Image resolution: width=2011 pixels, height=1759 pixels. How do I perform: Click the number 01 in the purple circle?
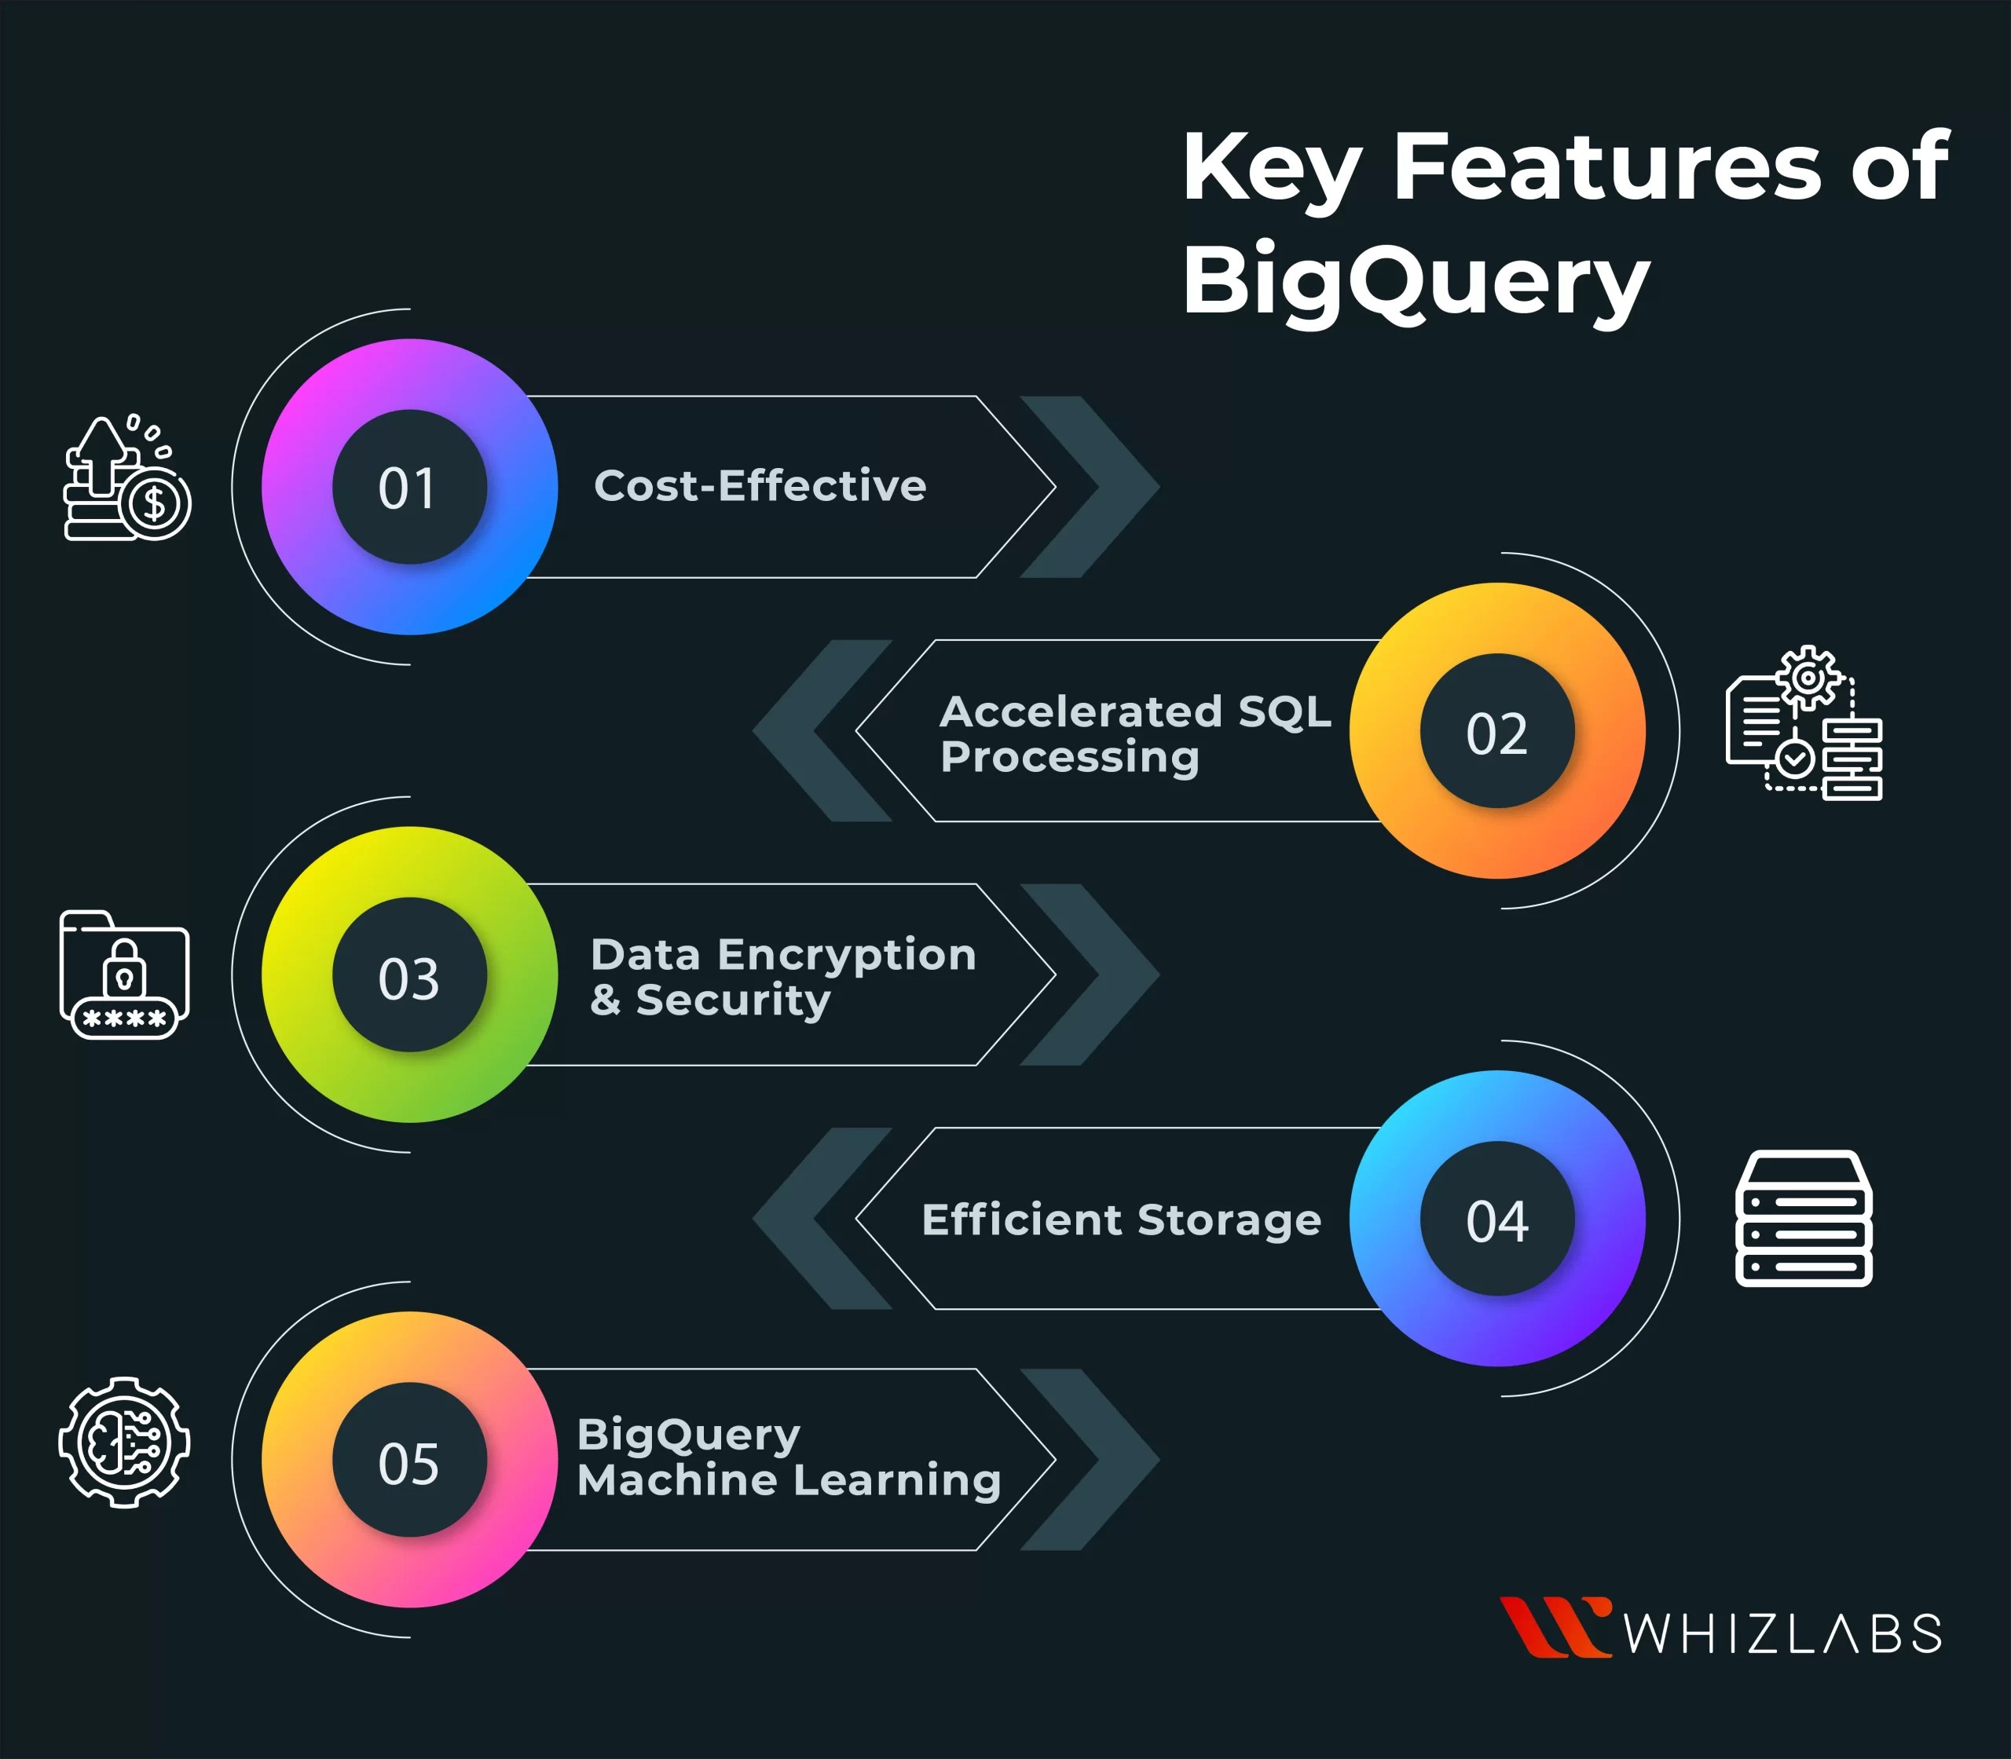[408, 488]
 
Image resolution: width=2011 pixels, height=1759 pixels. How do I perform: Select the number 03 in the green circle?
[408, 978]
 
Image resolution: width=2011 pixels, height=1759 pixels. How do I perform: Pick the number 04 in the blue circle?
[1496, 1221]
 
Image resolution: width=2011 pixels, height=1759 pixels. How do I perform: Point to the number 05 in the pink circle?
[408, 1462]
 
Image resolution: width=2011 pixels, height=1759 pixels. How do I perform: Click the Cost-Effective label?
[760, 486]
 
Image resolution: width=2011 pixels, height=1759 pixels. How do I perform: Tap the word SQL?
[1284, 711]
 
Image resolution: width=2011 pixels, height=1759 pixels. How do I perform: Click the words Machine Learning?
[789, 1480]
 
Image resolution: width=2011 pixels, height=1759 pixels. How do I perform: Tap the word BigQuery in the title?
[1414, 282]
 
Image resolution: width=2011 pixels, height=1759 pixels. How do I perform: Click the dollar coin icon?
[156, 504]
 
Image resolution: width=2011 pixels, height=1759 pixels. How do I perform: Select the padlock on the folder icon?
[125, 967]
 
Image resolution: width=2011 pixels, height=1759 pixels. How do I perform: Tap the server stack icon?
[1803, 1218]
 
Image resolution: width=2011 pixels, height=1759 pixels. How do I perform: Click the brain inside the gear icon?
[124, 1442]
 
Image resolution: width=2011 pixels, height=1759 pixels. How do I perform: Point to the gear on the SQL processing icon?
[1808, 677]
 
